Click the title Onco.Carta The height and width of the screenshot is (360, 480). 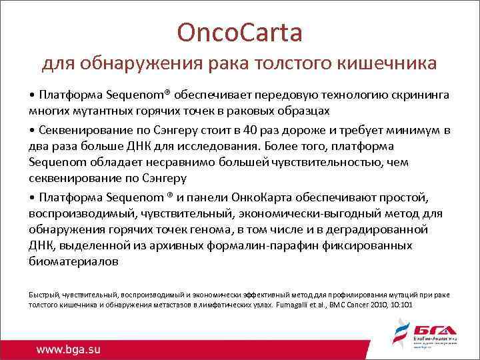pos(239,31)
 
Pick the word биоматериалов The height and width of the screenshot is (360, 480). pos(74,262)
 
